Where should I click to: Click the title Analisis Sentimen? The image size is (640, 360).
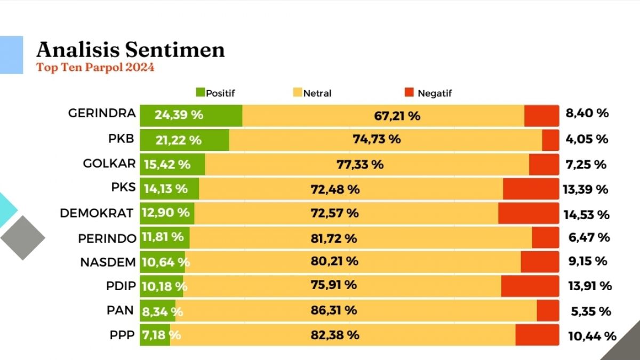pos(130,50)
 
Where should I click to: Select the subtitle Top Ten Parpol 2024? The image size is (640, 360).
pos(95,68)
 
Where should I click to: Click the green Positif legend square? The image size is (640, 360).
pos(201,93)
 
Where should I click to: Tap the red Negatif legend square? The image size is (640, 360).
pos(409,93)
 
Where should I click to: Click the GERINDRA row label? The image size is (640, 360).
pos(102,114)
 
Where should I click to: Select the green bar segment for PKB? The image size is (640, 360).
pos(184,140)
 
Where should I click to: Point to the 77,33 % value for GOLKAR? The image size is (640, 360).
pos(360,165)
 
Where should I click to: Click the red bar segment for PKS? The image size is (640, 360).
pos(530,189)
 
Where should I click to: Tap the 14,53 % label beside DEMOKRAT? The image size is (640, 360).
pos(586,215)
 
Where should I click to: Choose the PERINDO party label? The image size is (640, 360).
pos(107,238)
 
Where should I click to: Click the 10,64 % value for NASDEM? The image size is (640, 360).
pos(165,262)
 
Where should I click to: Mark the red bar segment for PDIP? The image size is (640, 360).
pos(529,286)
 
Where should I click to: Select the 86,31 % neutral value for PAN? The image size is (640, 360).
pos(334,310)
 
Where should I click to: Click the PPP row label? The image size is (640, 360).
pos(121,335)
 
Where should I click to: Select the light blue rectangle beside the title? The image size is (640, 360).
pos(11,54)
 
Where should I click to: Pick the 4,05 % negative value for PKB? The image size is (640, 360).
pos(586,139)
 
